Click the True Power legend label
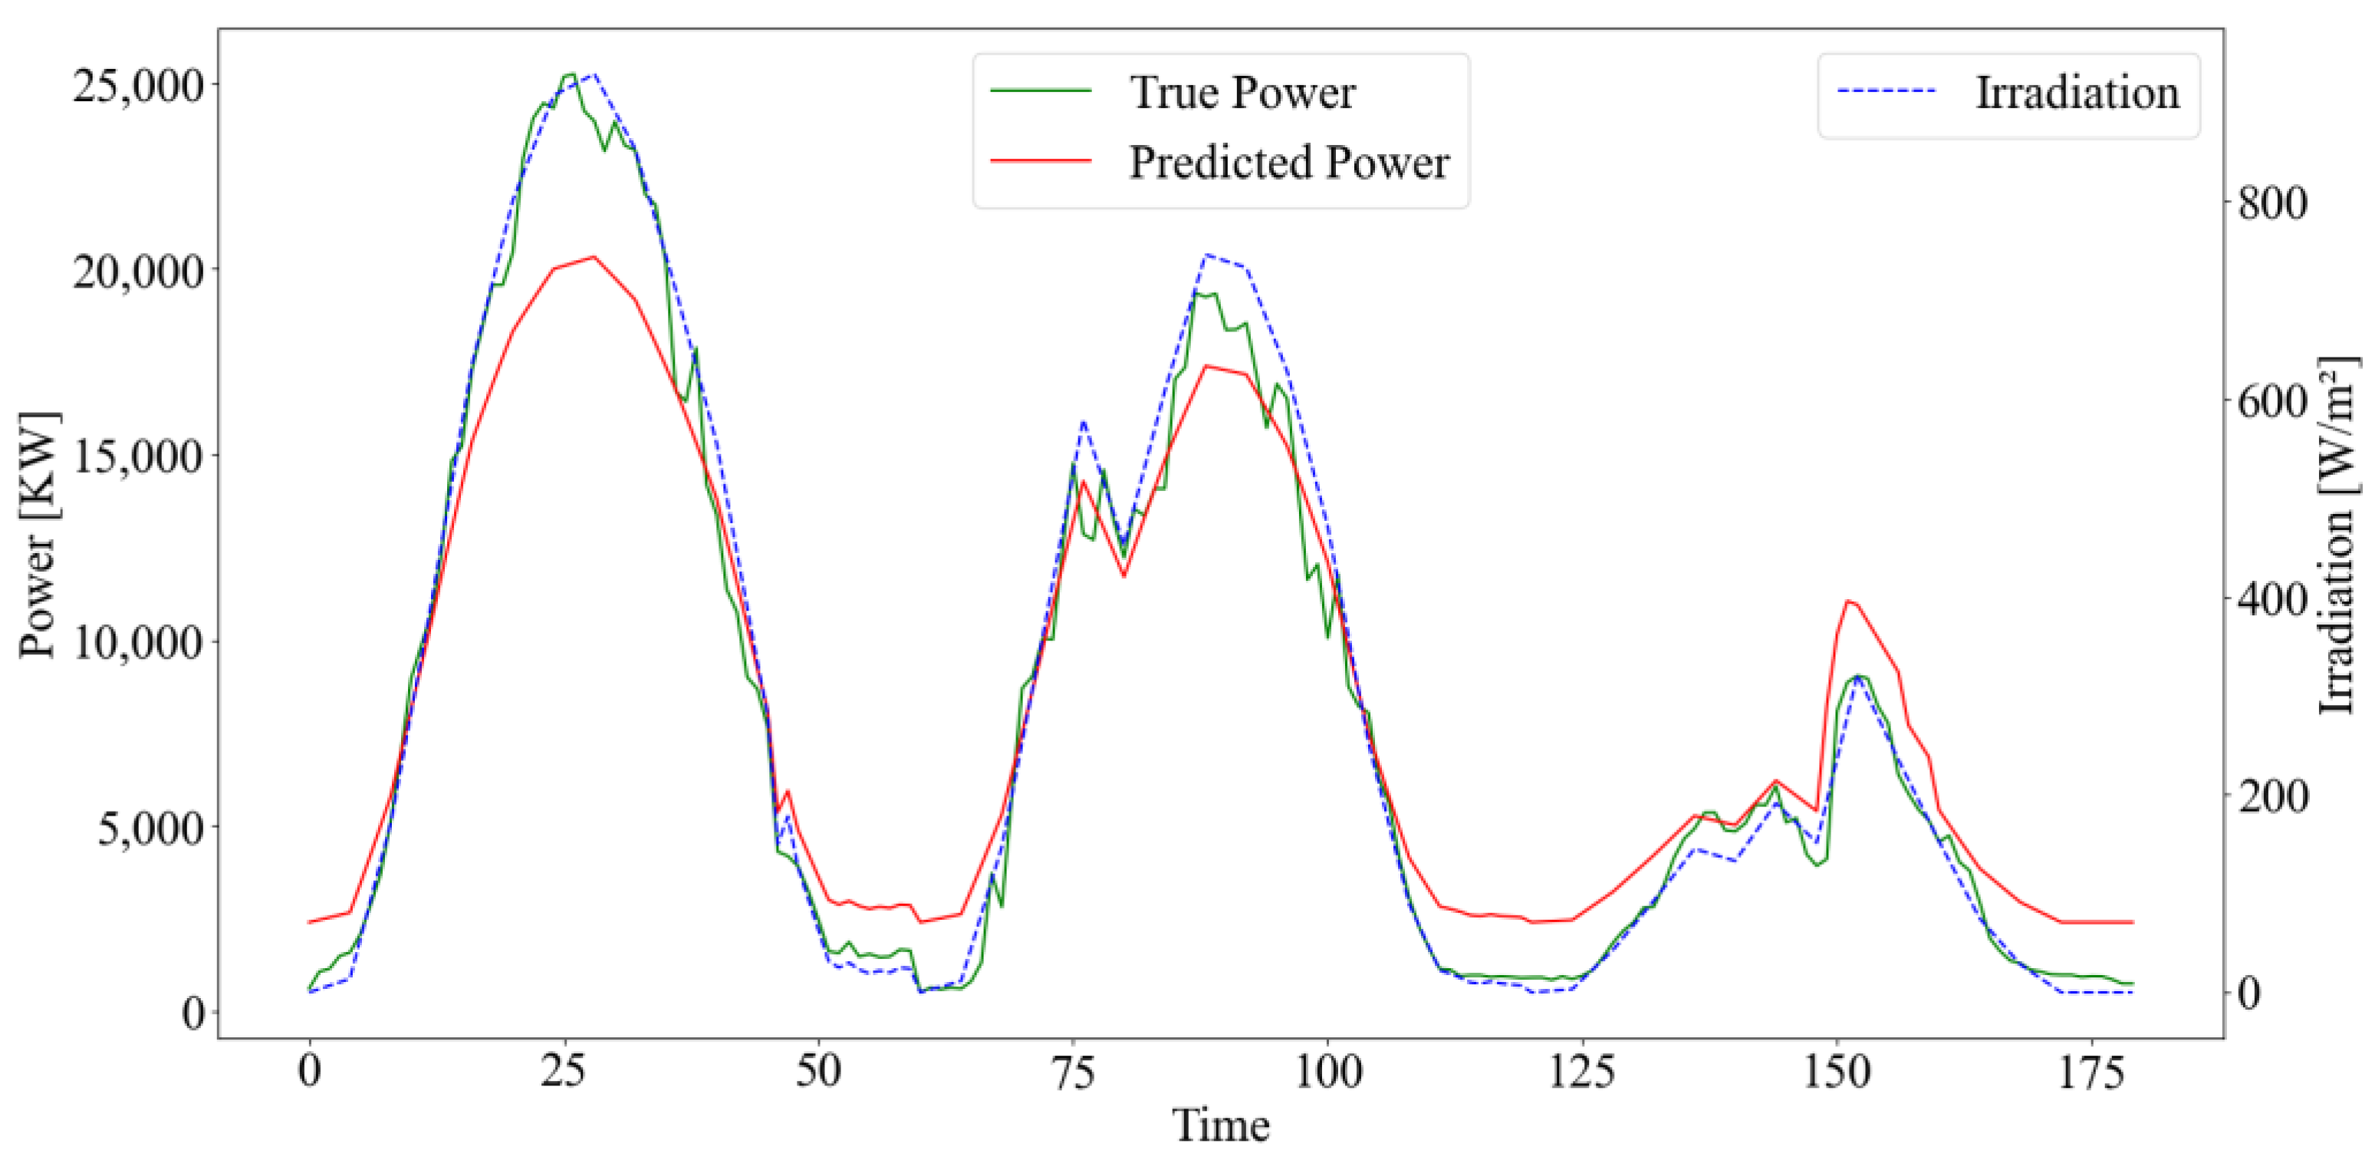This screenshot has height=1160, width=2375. pos(1242,92)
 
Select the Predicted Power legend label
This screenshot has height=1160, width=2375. pos(1288,163)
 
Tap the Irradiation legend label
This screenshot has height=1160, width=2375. pos(2076,93)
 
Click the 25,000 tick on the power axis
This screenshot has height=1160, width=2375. pos(138,85)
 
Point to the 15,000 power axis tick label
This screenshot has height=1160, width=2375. pos(138,456)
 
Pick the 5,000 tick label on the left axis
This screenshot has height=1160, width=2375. pos(151,828)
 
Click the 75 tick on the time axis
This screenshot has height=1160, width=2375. pos(1073,1073)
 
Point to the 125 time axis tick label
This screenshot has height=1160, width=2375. pos(1582,1073)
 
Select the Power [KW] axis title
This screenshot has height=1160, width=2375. pos(38,535)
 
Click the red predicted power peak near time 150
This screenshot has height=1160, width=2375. pos(1847,601)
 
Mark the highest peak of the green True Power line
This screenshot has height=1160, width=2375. pos(571,74)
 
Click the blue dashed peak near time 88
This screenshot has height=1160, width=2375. pos(1206,255)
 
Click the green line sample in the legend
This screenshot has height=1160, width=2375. pos(1041,91)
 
